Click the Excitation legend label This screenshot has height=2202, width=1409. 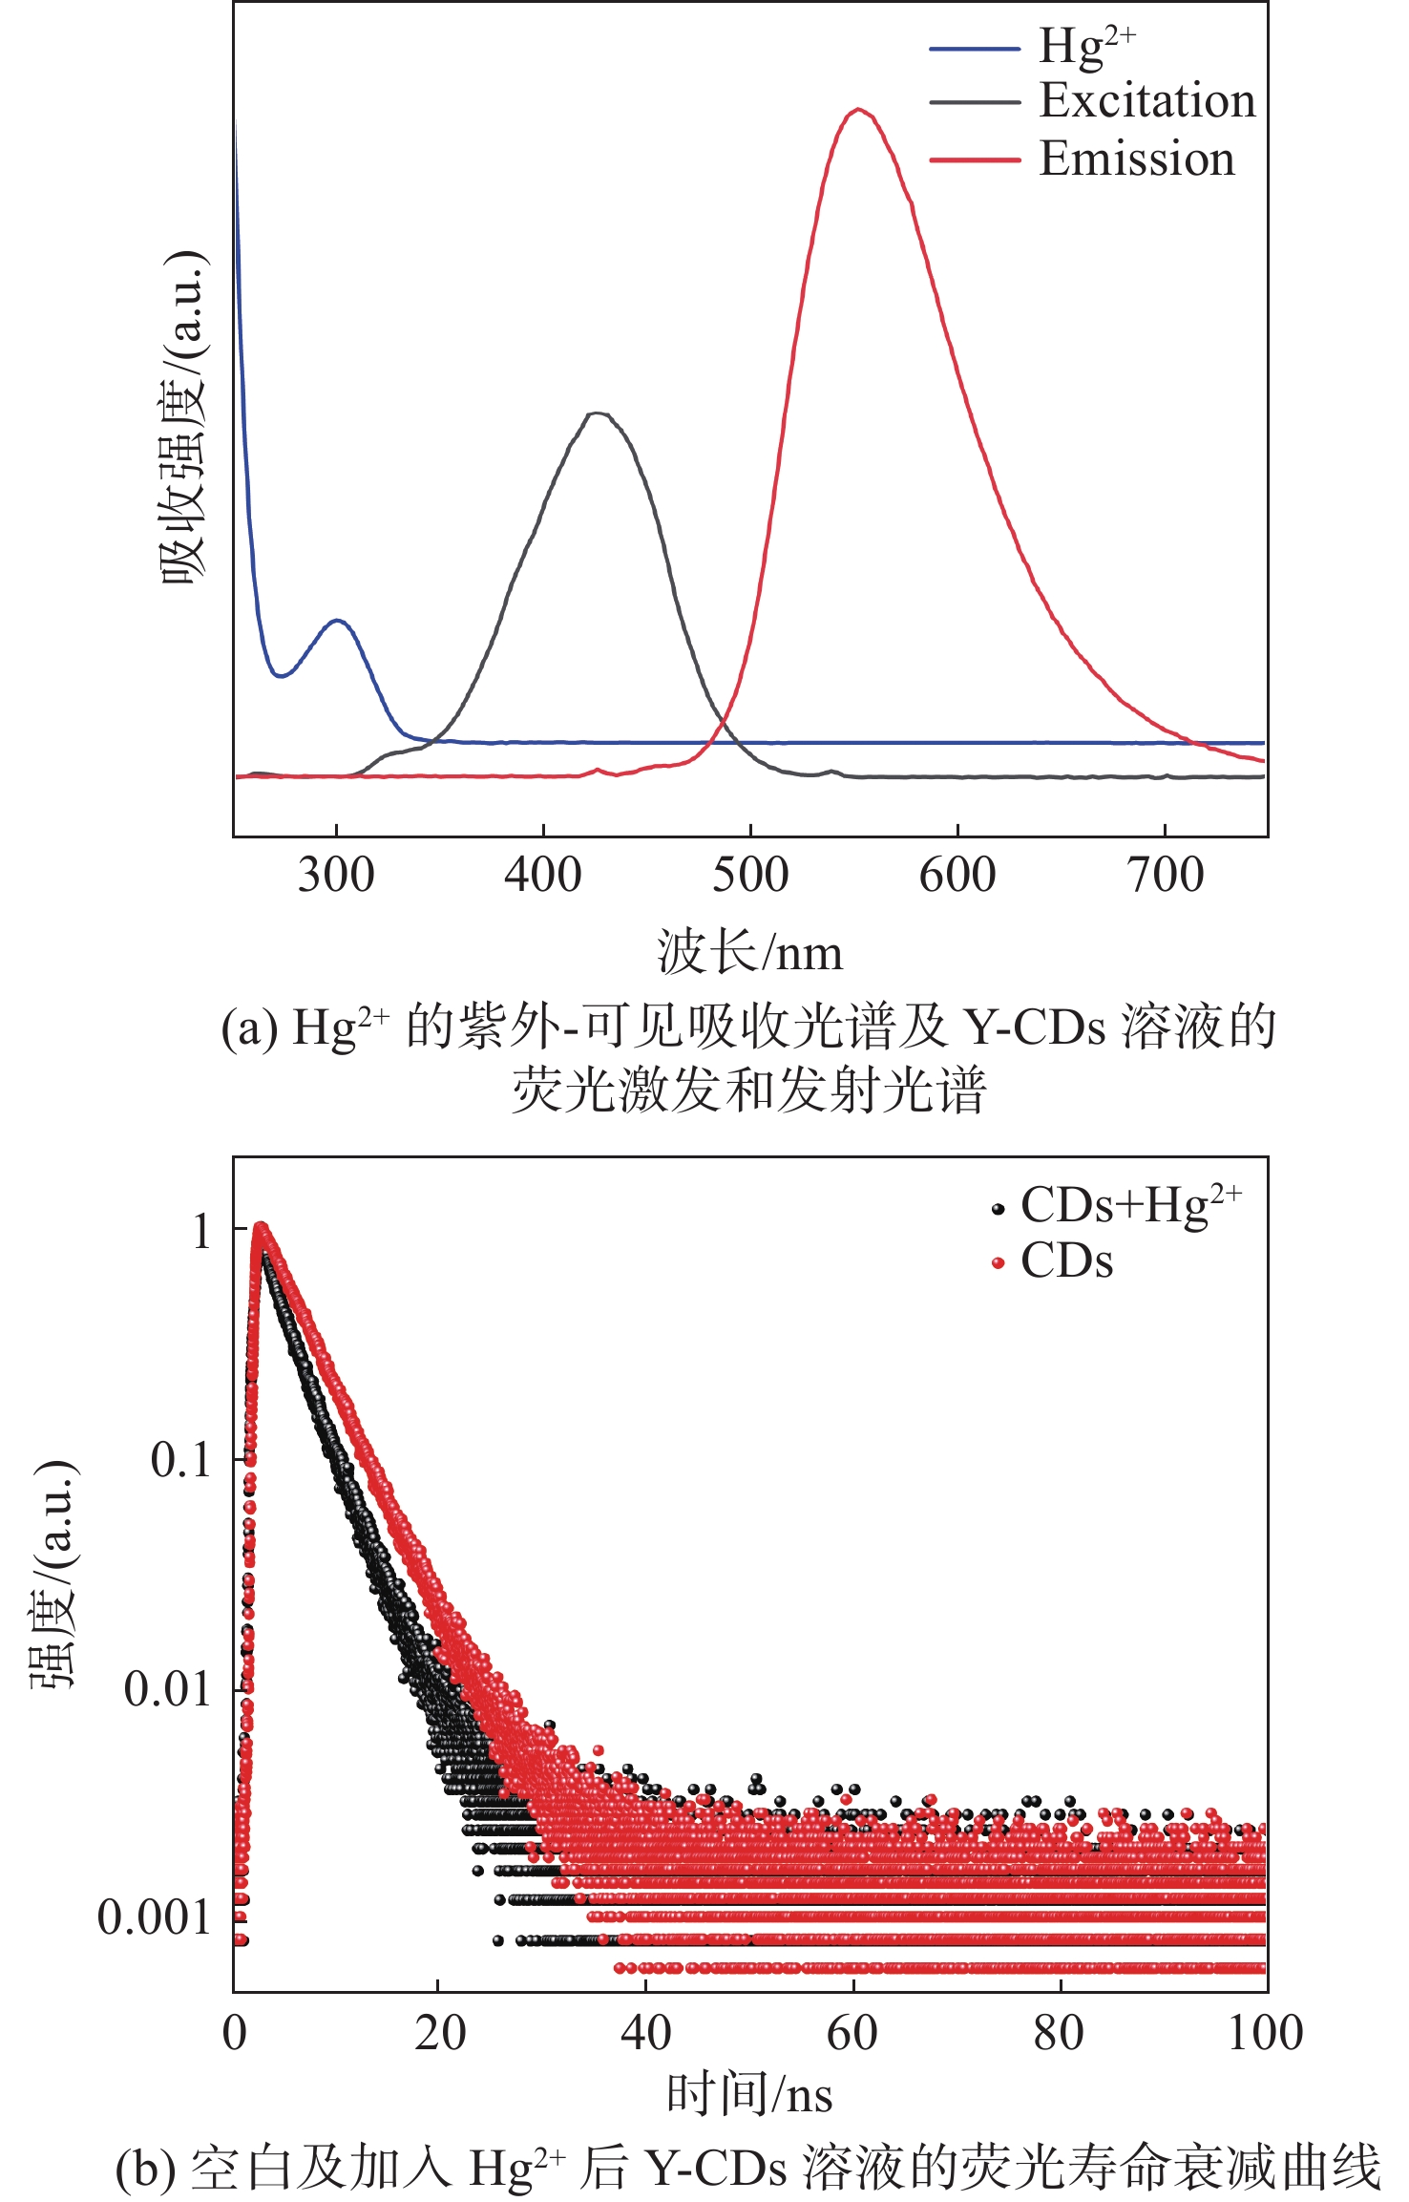pyautogui.click(x=1147, y=100)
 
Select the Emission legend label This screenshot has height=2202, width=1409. pyautogui.click(x=1137, y=159)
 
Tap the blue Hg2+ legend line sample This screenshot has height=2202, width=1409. pyautogui.click(x=975, y=48)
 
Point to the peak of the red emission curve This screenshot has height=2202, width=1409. pyautogui.click(x=859, y=109)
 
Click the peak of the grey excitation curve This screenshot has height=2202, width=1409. pyautogui.click(x=598, y=413)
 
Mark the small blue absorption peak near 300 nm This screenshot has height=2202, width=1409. pyautogui.click(x=337, y=620)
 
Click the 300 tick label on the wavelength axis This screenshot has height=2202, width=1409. pyautogui.click(x=336, y=875)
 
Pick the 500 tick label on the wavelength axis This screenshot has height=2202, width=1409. pyautogui.click(x=750, y=875)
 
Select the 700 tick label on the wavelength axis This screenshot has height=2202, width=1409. pyautogui.click(x=1166, y=875)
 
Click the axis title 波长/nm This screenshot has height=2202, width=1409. pyautogui.click(x=750, y=953)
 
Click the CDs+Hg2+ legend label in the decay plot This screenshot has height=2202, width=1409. pyautogui.click(x=1131, y=1205)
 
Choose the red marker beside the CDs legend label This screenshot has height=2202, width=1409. pyautogui.click(x=999, y=1263)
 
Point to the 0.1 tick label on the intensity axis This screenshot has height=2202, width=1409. pyautogui.click(x=180, y=1460)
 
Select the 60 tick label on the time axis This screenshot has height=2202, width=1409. pyautogui.click(x=852, y=2034)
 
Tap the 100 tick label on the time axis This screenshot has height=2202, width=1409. pyautogui.click(x=1265, y=2034)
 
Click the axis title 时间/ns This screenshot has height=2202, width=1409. pyautogui.click(x=749, y=2095)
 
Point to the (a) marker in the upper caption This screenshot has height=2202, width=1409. pyautogui.click(x=250, y=1028)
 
